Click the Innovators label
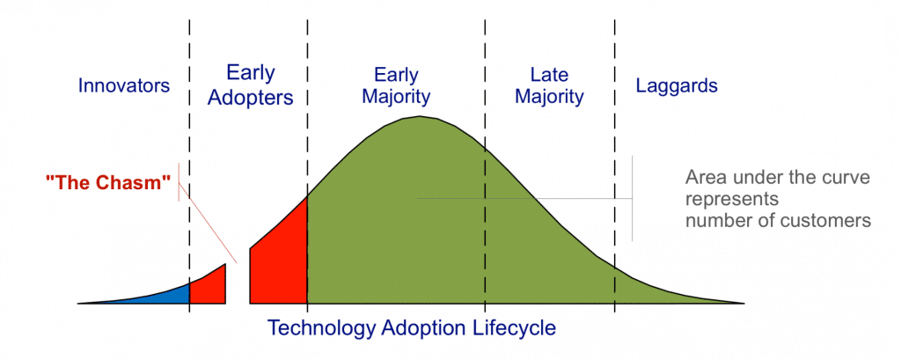coord(123,86)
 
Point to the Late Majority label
coord(549,85)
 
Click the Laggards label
coord(677,86)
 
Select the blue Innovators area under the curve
coord(167,295)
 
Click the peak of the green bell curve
coord(421,119)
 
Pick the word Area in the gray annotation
coord(705,178)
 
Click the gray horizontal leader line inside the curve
coord(528,199)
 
